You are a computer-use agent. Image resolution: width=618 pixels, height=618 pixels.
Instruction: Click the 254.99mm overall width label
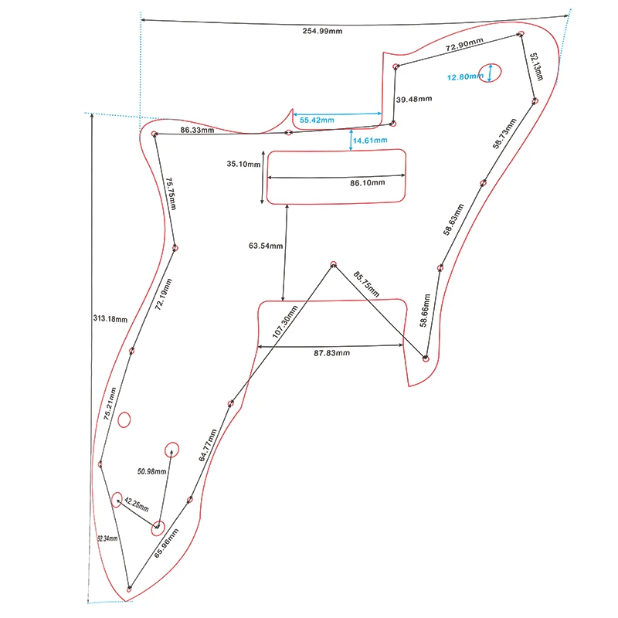click(x=324, y=31)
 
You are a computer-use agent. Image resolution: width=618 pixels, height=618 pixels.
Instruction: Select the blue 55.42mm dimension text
click(x=317, y=121)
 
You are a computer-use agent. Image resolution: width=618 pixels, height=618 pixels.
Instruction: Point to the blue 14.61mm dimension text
click(x=371, y=141)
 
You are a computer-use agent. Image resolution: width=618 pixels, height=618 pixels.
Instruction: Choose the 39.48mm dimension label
click(x=415, y=100)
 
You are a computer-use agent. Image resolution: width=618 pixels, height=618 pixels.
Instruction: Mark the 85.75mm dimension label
click(x=367, y=284)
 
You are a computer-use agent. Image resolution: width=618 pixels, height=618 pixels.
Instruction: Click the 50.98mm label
click(x=152, y=471)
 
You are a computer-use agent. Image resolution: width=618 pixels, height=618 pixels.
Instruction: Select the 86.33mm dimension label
click(x=197, y=131)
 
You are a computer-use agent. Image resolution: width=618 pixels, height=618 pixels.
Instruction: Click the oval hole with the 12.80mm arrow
click(x=490, y=73)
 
